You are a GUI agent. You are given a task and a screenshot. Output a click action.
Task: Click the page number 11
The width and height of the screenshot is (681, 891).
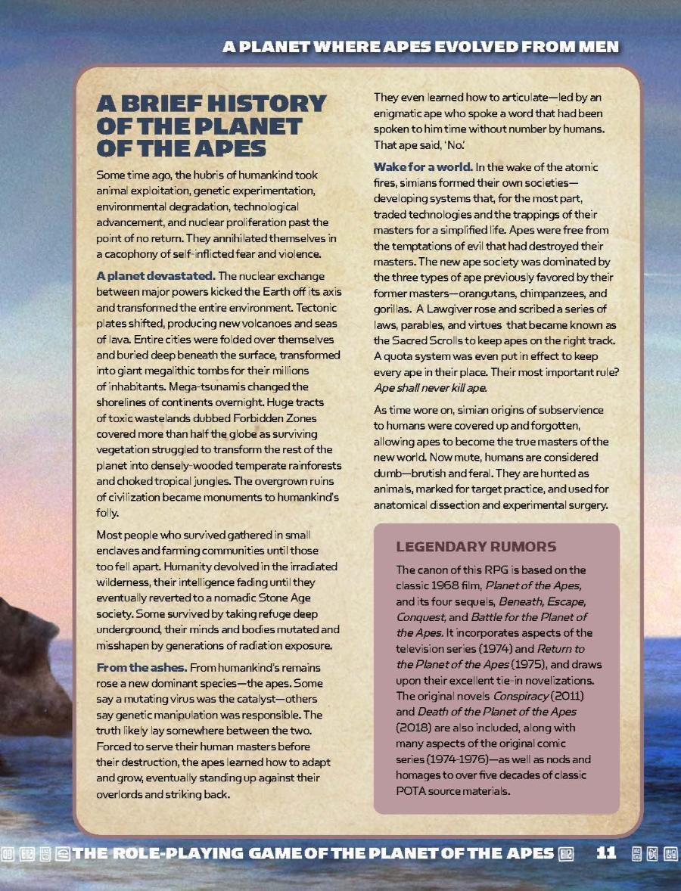[x=607, y=853]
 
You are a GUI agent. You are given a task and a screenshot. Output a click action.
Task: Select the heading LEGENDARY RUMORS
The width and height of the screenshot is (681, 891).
[x=476, y=546]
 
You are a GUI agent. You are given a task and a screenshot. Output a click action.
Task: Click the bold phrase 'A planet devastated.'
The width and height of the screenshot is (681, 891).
[x=156, y=276]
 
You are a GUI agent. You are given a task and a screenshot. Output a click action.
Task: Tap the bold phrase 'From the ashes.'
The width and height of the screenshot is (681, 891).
[x=141, y=668]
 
